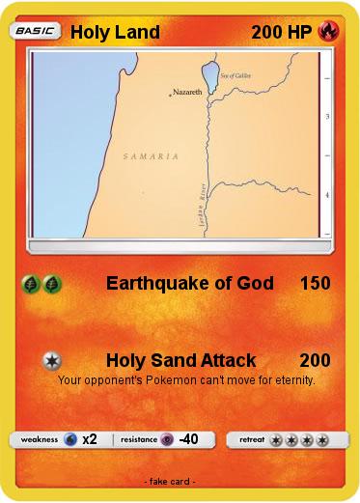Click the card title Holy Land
(x=115, y=32)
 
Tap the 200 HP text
(x=281, y=32)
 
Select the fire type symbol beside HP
(x=328, y=32)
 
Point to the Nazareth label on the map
(x=186, y=92)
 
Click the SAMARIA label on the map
(x=152, y=155)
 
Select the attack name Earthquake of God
(x=189, y=283)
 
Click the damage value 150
(x=315, y=283)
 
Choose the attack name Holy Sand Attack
(x=180, y=360)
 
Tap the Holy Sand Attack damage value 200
(x=315, y=360)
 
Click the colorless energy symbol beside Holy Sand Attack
(x=52, y=360)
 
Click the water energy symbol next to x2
(x=70, y=439)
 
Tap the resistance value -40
(x=188, y=439)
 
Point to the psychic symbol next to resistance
(x=166, y=439)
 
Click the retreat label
(x=251, y=439)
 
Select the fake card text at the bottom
(x=169, y=481)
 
